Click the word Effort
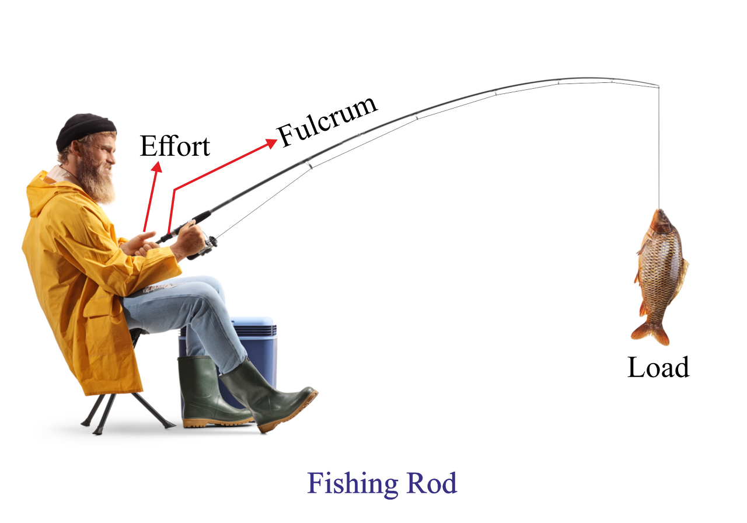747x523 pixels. [174, 146]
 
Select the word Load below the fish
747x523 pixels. [658, 368]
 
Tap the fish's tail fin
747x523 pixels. [651, 333]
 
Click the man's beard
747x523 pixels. [97, 177]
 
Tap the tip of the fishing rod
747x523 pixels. [658, 86]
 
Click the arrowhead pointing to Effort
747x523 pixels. [157, 168]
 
